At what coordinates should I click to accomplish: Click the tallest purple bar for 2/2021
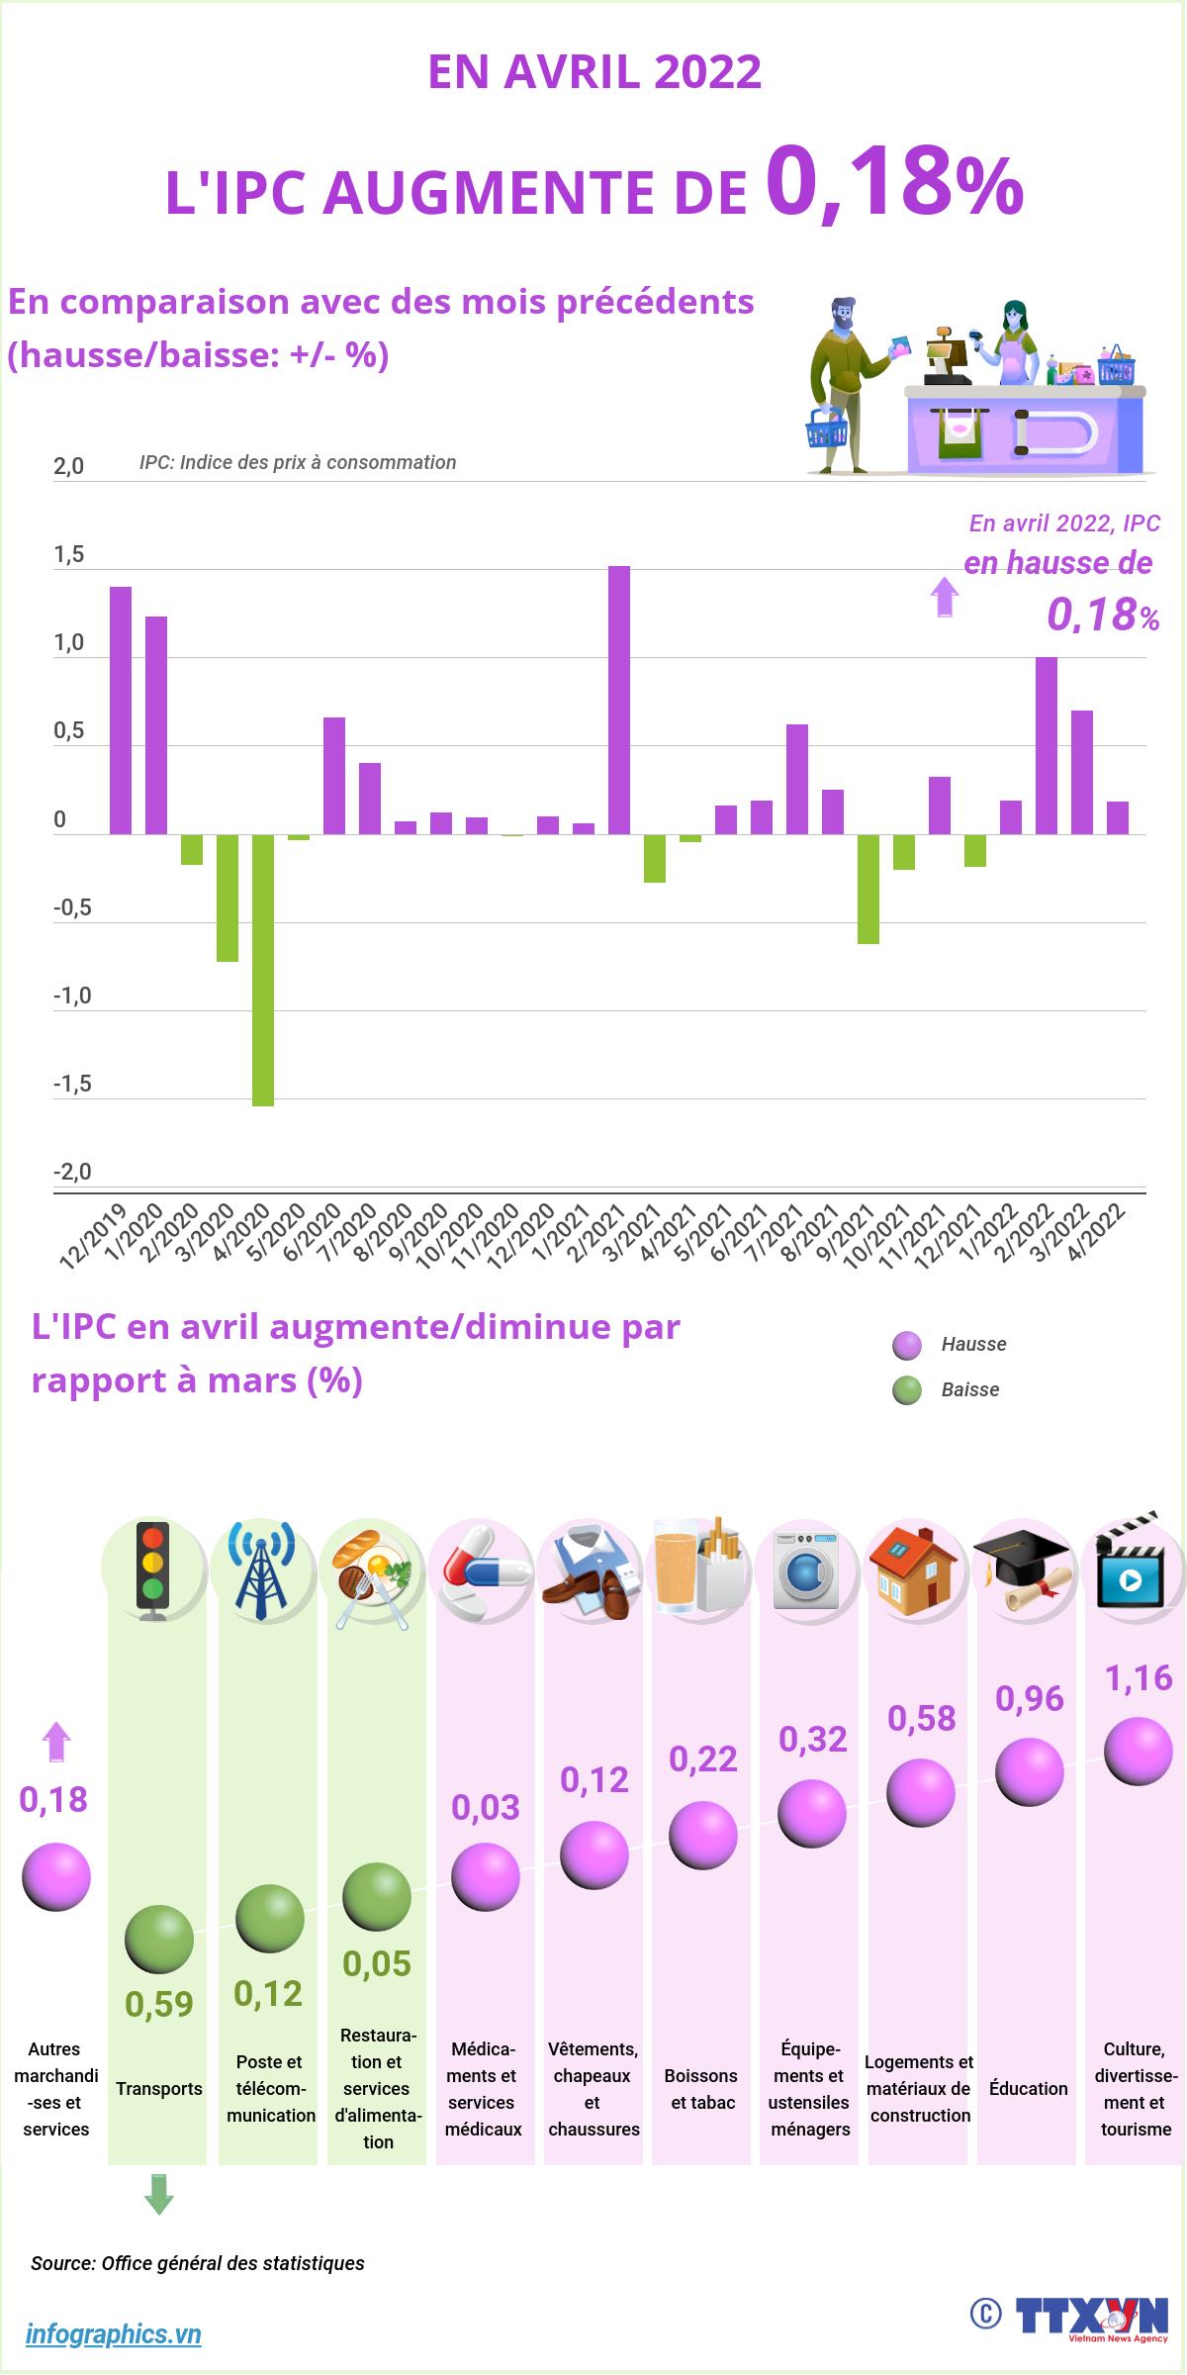pyautogui.click(x=619, y=700)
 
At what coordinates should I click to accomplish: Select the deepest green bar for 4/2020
pyautogui.click(x=263, y=970)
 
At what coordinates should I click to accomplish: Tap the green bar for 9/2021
pyautogui.click(x=868, y=889)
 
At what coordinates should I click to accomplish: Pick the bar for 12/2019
pyautogui.click(x=121, y=711)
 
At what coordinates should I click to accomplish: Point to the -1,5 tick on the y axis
pyautogui.click(x=72, y=1085)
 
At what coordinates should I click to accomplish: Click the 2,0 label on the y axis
pyautogui.click(x=69, y=466)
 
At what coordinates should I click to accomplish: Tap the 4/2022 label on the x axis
pyautogui.click(x=1097, y=1232)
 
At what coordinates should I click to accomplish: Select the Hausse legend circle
pyautogui.click(x=907, y=1346)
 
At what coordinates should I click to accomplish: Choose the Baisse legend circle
pyautogui.click(x=907, y=1390)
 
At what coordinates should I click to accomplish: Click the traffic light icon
pyautogui.click(x=152, y=1569)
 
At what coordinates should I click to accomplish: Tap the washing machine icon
pyautogui.click(x=806, y=1569)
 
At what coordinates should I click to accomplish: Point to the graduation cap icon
pyautogui.click(x=1024, y=1567)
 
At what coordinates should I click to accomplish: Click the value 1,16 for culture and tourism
pyautogui.click(x=1138, y=1678)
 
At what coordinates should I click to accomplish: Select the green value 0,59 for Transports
pyautogui.click(x=159, y=2005)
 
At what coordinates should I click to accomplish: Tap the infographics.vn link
pyautogui.click(x=114, y=2334)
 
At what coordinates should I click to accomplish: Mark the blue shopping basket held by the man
pyautogui.click(x=826, y=428)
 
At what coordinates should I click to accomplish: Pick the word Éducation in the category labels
pyautogui.click(x=1029, y=2089)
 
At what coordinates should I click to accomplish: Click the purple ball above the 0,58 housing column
pyautogui.click(x=921, y=1792)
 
